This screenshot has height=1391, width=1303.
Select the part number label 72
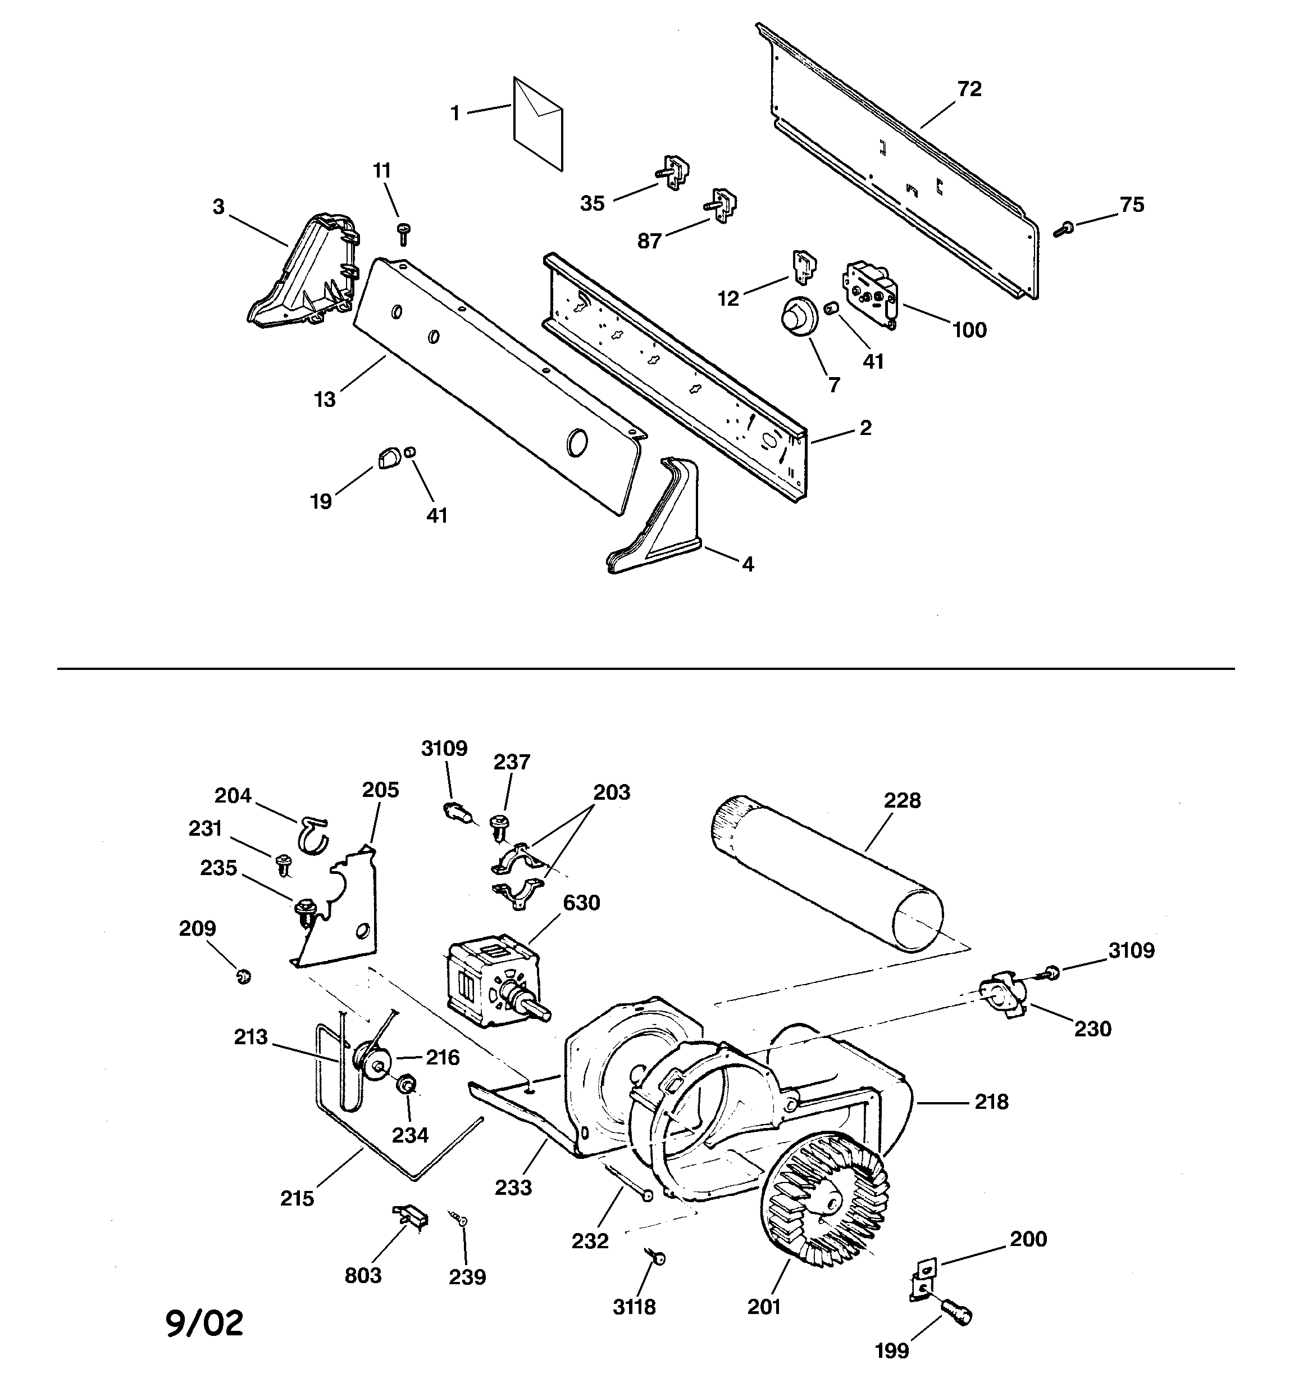[969, 89]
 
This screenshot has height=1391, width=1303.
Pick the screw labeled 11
[403, 233]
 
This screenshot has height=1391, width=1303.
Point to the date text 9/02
[205, 1323]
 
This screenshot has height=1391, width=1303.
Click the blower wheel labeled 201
[825, 1208]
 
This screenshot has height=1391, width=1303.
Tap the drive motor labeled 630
[490, 983]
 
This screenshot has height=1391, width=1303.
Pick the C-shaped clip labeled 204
[313, 833]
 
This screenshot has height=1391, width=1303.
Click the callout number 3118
[634, 1306]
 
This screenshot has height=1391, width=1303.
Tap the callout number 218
[991, 1102]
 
